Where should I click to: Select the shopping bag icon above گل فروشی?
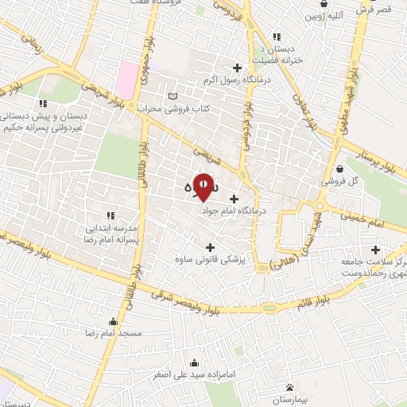tap(339, 168)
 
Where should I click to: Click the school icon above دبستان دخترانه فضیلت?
tap(277, 37)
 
